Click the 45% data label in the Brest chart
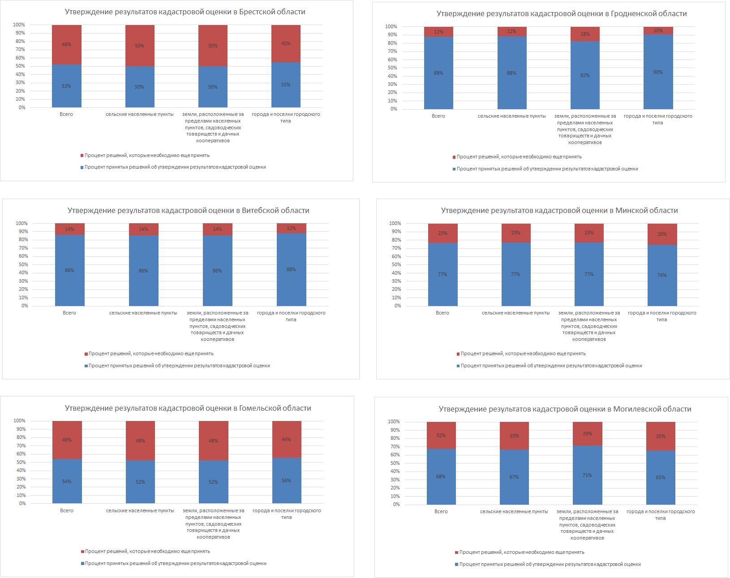click(286, 43)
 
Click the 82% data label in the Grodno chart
click(585, 75)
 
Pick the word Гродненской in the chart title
click(626, 14)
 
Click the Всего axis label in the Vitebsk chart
click(69, 313)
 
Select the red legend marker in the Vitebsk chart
click(86, 354)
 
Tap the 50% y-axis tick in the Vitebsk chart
click(22, 264)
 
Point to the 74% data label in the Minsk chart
click(662, 275)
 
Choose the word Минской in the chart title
click(631, 210)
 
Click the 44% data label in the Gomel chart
click(287, 439)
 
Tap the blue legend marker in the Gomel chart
click(82, 564)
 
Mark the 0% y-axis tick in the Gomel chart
click(22, 504)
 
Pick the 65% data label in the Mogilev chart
click(661, 477)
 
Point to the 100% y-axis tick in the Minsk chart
click(395, 223)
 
